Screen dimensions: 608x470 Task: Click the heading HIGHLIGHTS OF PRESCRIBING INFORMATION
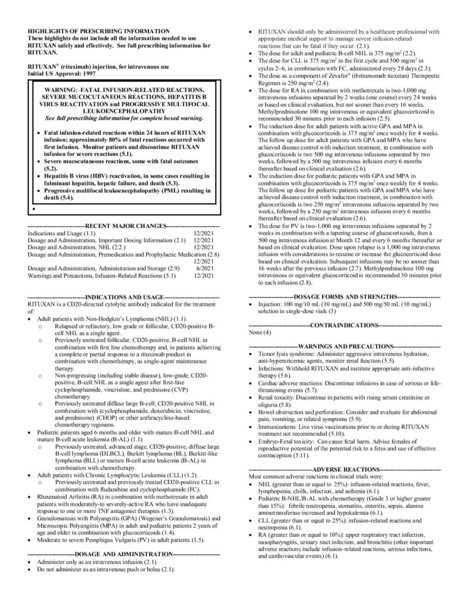click(98, 31)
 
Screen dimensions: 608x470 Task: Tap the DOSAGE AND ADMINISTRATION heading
click(124, 553)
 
